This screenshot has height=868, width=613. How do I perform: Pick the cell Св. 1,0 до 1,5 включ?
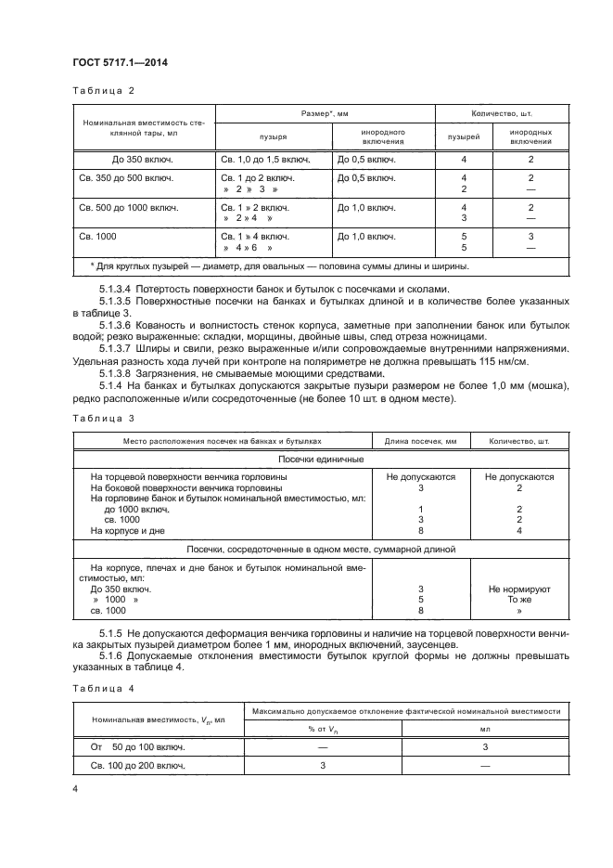point(262,160)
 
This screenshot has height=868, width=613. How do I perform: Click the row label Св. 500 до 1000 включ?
point(125,207)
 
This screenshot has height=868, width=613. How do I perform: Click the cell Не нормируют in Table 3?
point(519,589)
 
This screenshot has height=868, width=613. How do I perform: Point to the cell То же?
point(519,600)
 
